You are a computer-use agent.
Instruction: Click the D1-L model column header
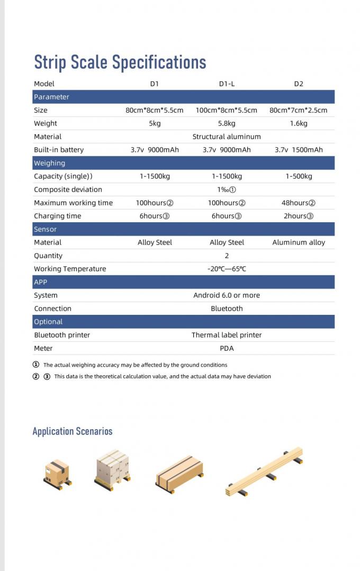pos(227,84)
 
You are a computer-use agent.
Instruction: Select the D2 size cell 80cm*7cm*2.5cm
pos(298,110)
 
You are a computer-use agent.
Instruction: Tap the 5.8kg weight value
pos(227,123)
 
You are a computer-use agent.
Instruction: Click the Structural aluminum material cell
pos(227,137)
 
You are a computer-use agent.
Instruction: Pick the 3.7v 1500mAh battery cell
pos(298,150)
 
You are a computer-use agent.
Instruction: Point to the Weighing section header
pos(49,163)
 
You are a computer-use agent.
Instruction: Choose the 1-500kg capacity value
pos(299,176)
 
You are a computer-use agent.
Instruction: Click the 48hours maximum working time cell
pos(299,203)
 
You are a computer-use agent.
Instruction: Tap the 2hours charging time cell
pos(299,216)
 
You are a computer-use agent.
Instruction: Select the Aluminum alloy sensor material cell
pos(299,242)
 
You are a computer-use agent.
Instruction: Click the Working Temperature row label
pos(70,269)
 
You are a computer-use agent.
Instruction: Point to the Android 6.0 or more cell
pos(227,295)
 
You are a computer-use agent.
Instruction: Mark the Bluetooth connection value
pos(227,309)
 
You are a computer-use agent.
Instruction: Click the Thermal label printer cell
pos(227,335)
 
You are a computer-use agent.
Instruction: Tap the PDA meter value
pos(227,348)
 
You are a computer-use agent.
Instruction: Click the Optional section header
pos(48,322)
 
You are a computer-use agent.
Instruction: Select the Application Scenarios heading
pos(73,431)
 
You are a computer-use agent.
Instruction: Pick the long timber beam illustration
pos(265,471)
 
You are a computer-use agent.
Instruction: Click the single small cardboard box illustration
pos(57,472)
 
